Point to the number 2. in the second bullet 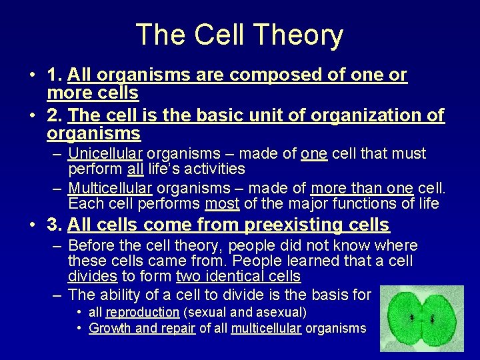click(x=55, y=115)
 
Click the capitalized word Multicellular click(x=110, y=188)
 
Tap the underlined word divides click(x=93, y=277)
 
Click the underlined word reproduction click(x=143, y=312)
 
